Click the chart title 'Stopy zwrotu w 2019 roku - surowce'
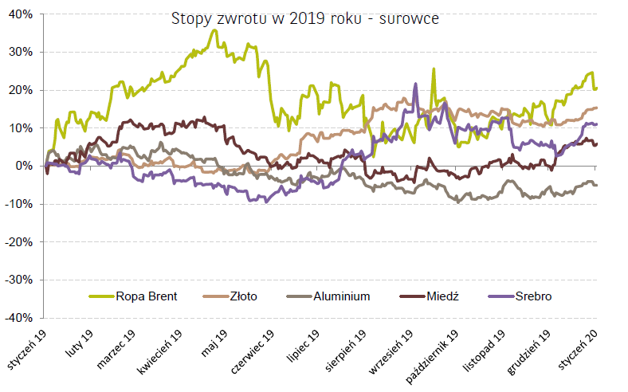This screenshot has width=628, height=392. click(x=304, y=18)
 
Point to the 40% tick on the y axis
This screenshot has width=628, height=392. click(x=21, y=14)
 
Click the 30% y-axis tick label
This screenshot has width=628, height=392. click(x=21, y=52)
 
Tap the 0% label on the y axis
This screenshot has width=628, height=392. click(x=24, y=166)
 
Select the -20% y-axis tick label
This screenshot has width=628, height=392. click(x=19, y=241)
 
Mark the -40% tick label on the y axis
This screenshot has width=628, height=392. click(x=19, y=317)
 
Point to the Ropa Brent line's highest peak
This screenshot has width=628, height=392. click(x=214, y=30)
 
